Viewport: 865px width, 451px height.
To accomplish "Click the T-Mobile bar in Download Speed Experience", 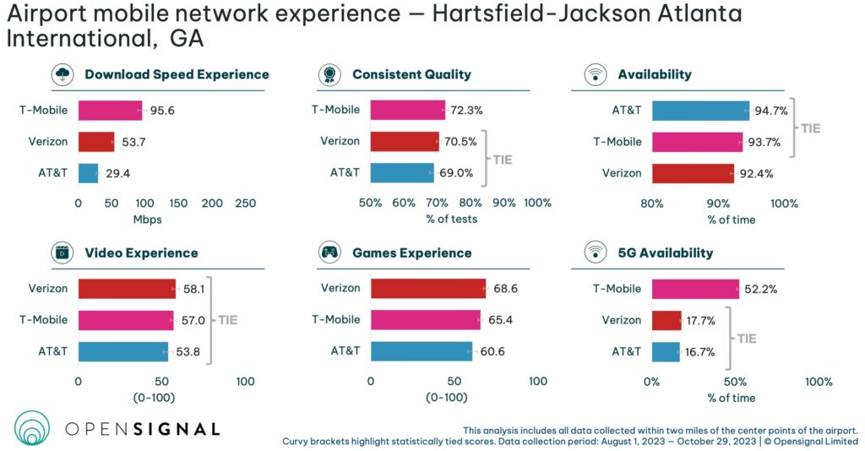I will click(x=110, y=110).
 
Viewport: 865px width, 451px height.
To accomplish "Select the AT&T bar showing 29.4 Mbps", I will click(x=89, y=173).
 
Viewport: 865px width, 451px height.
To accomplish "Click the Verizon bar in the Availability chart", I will click(x=693, y=173).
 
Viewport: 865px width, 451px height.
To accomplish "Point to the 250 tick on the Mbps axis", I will click(x=245, y=204).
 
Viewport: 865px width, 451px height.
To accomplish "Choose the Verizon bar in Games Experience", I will click(x=427, y=288).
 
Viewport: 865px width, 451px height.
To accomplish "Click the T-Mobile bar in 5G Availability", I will click(x=695, y=288).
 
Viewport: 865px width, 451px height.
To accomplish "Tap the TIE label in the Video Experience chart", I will click(x=228, y=320).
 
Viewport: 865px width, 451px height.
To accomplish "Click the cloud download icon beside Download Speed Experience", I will click(x=64, y=74).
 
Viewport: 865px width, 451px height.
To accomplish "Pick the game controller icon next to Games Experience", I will click(x=329, y=252).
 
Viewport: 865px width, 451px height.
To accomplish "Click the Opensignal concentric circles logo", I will click(x=33, y=427).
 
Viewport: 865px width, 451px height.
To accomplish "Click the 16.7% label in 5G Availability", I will click(x=702, y=352).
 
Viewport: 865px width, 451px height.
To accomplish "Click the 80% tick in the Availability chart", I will click(x=651, y=204).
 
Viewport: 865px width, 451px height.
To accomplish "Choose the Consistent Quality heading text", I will click(x=411, y=74).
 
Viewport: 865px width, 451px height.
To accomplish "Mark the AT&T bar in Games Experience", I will click(x=422, y=351).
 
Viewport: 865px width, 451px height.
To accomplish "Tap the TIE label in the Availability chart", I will click(x=811, y=129).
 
